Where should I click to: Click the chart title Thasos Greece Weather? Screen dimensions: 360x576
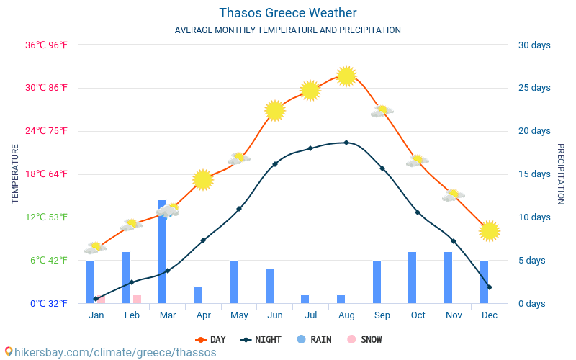(287, 13)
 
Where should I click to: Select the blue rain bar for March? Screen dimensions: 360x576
(162, 252)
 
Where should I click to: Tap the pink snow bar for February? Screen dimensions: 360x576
(137, 299)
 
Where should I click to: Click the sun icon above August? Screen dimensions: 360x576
(346, 76)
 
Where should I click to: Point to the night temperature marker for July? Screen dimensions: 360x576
(310, 148)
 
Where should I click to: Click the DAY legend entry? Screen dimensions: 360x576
(210, 339)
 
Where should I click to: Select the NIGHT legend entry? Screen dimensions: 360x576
(261, 339)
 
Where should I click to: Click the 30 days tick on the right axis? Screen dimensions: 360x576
(534, 45)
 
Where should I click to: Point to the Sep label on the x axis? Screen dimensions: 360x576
(382, 315)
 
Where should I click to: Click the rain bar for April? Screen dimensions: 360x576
(198, 294)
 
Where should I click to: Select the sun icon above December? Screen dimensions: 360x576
(490, 230)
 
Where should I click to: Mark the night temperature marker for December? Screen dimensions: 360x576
(490, 287)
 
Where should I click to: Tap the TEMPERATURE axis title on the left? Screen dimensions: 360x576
(15, 174)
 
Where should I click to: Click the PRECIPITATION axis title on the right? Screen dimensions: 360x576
(561, 174)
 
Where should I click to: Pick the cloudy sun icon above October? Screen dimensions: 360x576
(417, 161)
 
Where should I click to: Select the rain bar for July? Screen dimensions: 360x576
(305, 299)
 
